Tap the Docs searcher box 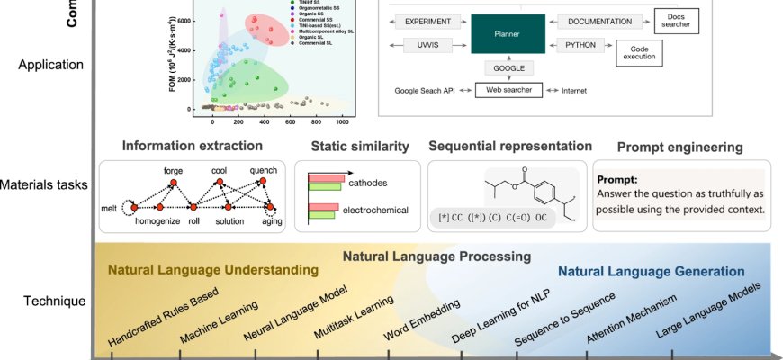tap(677, 20)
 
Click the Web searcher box tap(508, 91)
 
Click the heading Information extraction tap(193, 146)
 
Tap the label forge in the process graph tap(173, 171)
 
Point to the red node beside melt tap(134, 209)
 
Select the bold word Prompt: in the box tap(618, 179)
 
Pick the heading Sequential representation tap(510, 146)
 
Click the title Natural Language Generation tap(651, 271)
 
